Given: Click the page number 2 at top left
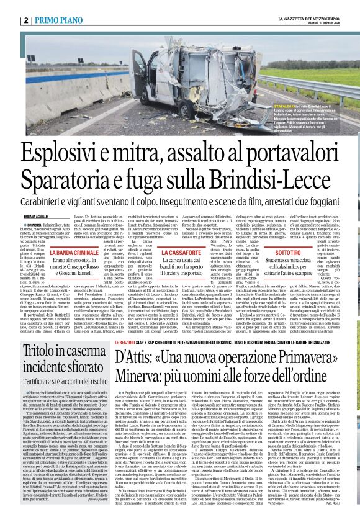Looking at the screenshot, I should [x=27, y=20].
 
